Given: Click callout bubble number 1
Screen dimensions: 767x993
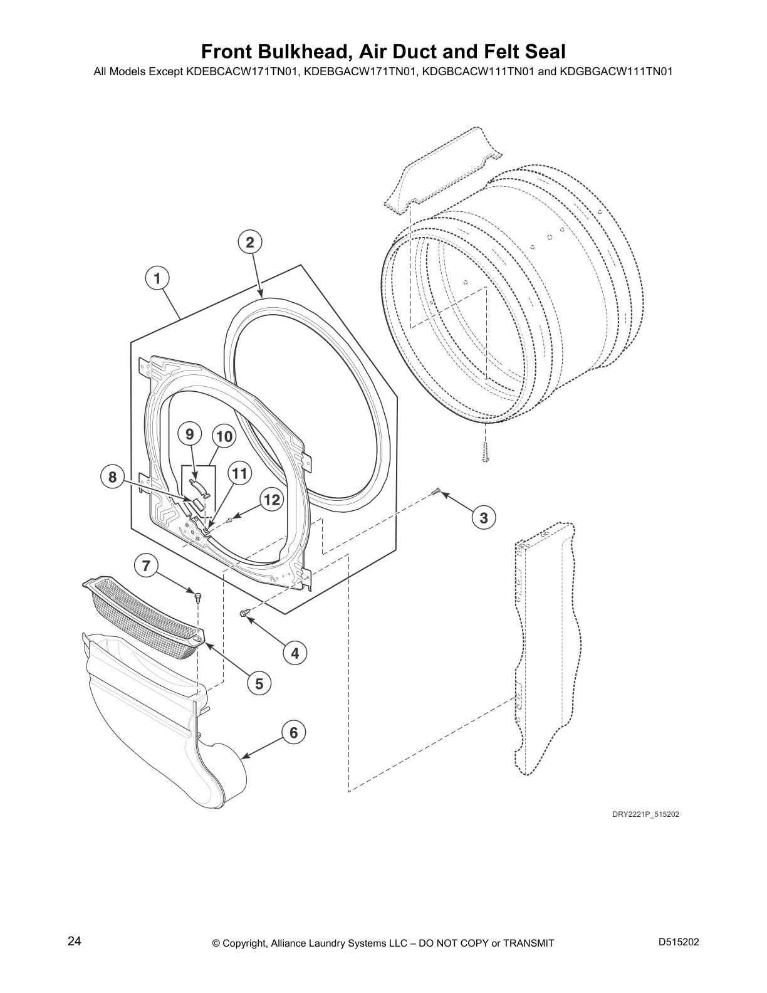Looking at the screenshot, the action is point(157,278).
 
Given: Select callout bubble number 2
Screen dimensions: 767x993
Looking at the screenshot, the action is point(250,242).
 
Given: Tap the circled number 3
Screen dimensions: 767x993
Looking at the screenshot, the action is point(483,517).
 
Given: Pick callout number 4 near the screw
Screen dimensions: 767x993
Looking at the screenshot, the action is point(295,653).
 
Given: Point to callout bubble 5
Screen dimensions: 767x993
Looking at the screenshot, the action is point(259,684).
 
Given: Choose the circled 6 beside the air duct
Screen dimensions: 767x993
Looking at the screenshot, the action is point(294,733).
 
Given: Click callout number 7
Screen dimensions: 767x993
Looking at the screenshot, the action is point(146,565).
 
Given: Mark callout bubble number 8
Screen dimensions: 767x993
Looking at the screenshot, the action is point(112,477).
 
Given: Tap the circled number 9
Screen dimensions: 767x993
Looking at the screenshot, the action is point(190,434).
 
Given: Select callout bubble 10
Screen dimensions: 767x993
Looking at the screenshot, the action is point(224,437).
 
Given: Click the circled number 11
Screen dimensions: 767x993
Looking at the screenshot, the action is point(240,473).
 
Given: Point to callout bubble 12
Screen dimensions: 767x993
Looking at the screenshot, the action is point(272,500).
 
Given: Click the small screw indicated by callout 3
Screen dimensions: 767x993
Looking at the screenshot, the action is point(434,491).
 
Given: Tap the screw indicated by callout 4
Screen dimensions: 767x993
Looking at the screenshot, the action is point(244,612).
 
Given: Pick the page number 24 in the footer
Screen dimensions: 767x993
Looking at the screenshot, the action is point(75,942).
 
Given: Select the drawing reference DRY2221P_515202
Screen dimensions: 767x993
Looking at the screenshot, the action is point(645,814).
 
